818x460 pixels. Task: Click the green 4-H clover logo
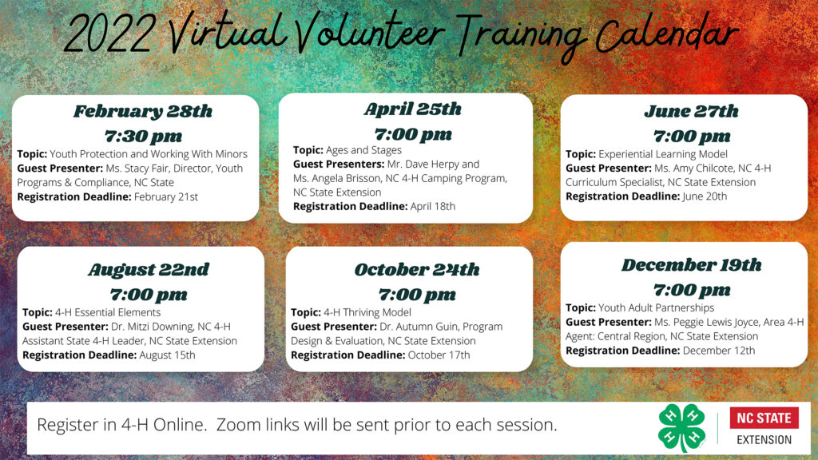tap(682, 428)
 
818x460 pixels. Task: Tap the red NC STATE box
tap(764, 418)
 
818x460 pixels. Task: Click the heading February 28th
tap(142, 111)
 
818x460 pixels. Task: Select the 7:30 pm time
tap(144, 136)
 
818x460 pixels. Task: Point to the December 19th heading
tap(691, 265)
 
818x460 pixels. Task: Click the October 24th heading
tap(417, 270)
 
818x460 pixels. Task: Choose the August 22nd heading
tap(149, 270)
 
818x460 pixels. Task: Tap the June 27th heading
tap(691, 111)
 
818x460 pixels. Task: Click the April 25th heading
tap(413, 109)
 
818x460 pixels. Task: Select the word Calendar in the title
tap(667, 34)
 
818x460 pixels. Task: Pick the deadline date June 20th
tap(705, 196)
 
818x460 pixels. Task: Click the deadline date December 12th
tap(719, 351)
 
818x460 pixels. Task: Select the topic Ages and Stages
tap(363, 150)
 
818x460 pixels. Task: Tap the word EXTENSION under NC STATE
tap(764, 440)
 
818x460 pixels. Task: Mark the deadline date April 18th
tap(432, 207)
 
